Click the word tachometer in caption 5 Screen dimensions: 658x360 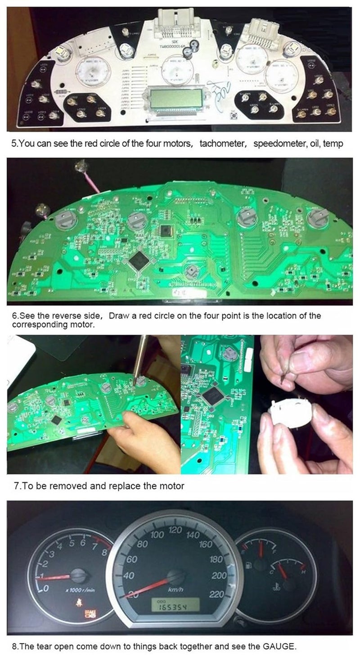click(x=223, y=144)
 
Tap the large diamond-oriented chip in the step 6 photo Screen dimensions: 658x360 click(x=139, y=260)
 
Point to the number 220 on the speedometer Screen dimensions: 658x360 click(x=217, y=595)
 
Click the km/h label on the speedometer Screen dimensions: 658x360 click(x=174, y=590)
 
